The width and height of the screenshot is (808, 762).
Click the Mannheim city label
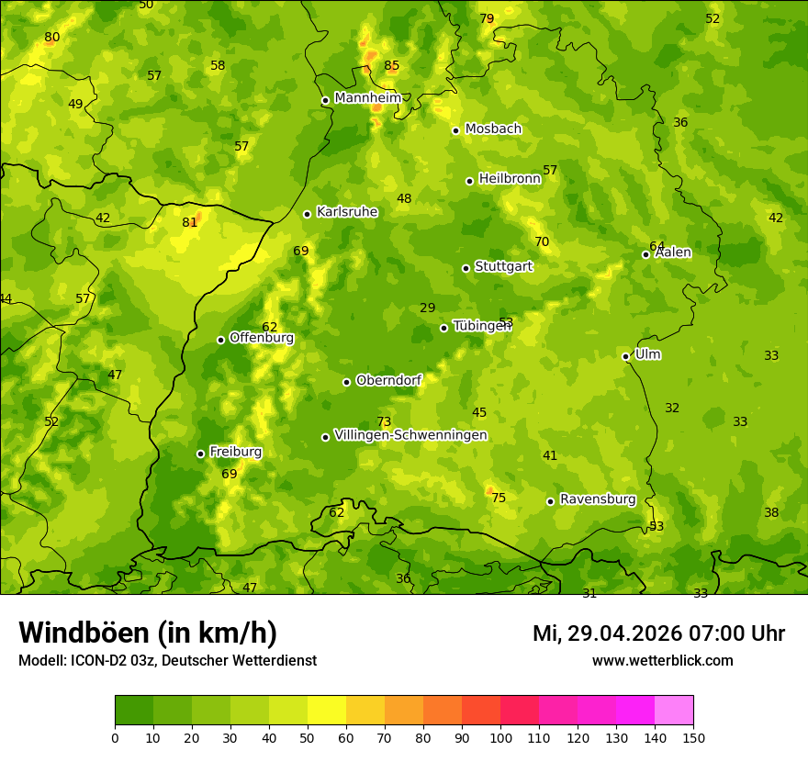click(368, 98)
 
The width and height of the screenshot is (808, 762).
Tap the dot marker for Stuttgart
click(466, 268)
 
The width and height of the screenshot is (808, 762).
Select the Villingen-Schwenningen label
click(410, 435)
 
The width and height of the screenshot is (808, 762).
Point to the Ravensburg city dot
click(550, 501)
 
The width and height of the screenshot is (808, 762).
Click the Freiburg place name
click(235, 452)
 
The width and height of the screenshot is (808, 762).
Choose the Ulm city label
click(647, 354)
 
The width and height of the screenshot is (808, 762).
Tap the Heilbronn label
click(510, 179)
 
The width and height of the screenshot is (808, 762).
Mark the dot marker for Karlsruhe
click(307, 214)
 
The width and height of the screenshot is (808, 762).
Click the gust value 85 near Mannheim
click(392, 66)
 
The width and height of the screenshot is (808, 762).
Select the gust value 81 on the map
click(190, 222)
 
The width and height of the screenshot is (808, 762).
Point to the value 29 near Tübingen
click(428, 308)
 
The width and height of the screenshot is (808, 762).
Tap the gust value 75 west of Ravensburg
click(499, 499)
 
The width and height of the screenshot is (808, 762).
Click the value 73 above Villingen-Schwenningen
click(384, 422)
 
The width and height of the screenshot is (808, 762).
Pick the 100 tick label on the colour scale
click(500, 738)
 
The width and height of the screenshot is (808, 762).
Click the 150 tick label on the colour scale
click(693, 738)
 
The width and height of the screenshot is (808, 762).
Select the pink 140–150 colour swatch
click(674, 711)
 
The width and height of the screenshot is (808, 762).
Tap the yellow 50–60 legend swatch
click(327, 711)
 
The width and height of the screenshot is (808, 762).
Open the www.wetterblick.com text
click(662, 661)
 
